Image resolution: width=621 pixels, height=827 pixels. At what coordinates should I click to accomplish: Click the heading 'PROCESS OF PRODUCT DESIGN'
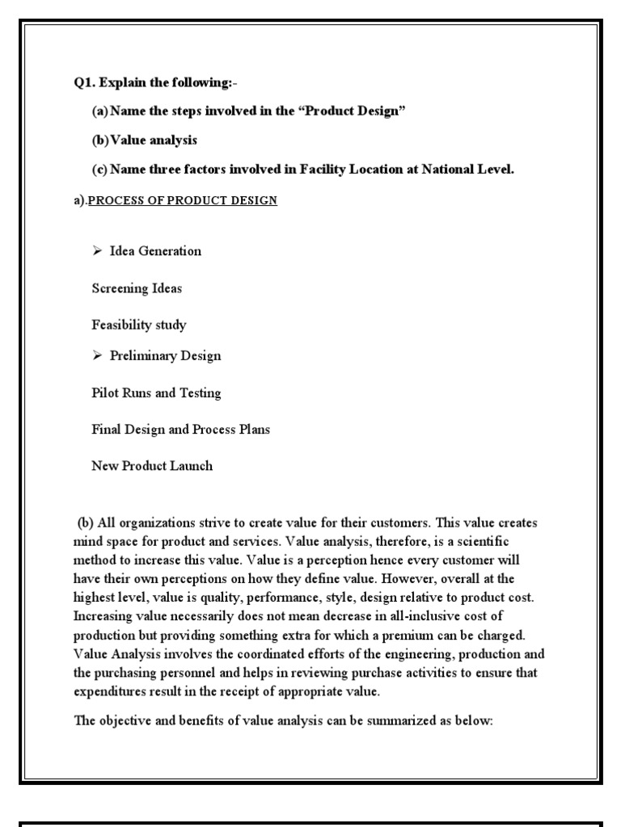click(182, 200)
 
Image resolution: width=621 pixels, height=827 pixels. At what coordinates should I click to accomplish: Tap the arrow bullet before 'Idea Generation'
click(98, 251)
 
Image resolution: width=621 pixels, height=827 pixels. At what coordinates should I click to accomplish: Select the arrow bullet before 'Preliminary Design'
click(98, 356)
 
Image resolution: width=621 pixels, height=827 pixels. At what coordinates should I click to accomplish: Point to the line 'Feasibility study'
click(139, 325)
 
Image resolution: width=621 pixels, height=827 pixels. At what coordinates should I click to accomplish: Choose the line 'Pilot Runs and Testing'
click(156, 393)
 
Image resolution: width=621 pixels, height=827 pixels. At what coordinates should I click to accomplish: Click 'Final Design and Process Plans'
click(180, 430)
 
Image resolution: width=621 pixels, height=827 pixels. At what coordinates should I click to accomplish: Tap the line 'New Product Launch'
click(152, 466)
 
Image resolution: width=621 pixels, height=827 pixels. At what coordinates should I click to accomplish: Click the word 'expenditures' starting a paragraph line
click(110, 691)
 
